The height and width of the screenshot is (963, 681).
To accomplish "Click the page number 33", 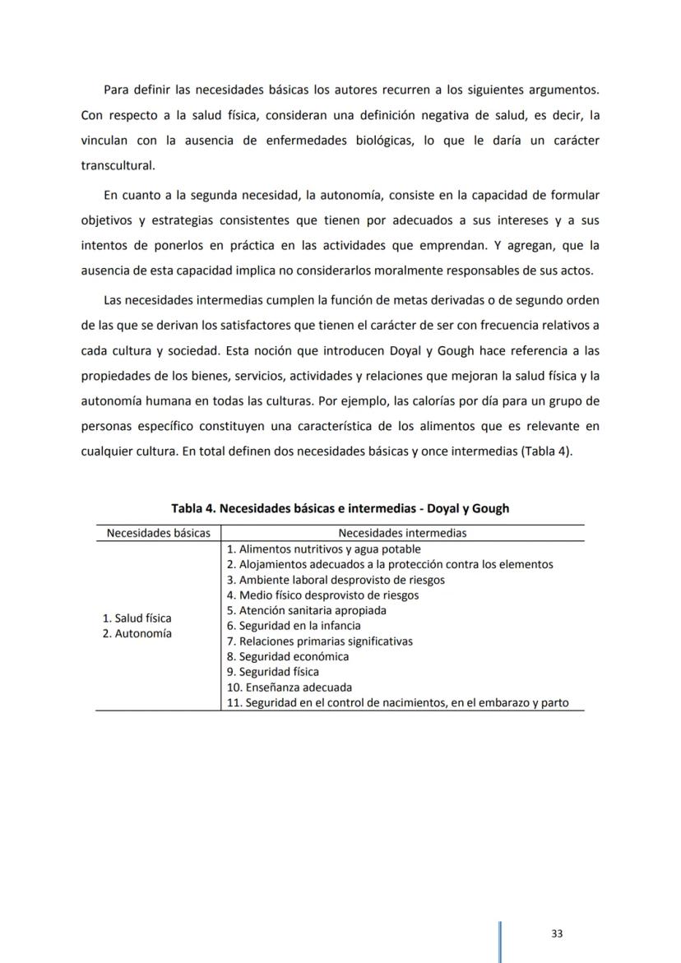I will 557,933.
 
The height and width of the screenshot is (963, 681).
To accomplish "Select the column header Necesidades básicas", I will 158,533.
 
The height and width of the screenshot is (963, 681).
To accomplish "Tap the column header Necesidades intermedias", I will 402,533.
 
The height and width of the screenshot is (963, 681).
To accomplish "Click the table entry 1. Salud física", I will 137,618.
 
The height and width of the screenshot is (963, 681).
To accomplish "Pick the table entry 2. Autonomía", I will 137,633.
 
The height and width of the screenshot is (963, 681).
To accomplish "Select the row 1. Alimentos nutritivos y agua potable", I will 323,549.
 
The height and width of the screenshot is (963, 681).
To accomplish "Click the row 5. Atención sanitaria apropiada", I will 306,610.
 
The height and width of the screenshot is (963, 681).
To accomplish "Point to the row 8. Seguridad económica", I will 287,656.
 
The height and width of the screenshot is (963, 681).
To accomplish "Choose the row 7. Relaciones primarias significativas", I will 319,641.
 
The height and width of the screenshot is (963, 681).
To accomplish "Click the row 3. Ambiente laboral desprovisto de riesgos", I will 335,580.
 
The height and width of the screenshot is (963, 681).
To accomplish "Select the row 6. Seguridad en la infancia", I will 293,626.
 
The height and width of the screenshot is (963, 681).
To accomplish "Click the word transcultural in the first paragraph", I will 118,164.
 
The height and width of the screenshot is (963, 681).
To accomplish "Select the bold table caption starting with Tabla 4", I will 340,508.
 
